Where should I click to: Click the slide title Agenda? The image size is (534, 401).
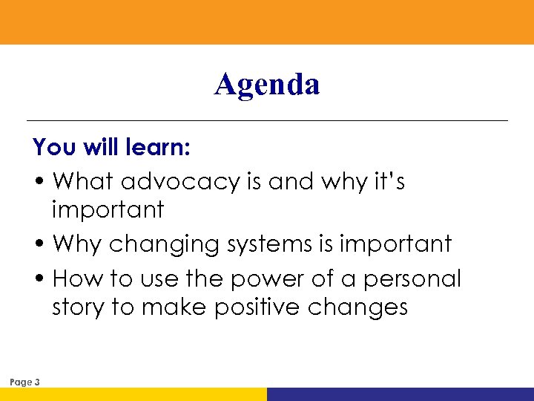pos(267,85)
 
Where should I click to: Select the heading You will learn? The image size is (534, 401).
pos(112,147)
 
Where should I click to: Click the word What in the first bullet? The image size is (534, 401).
pos(84,181)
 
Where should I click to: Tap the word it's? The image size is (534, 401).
pos(387,181)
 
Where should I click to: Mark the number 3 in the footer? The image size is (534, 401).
pos(37,382)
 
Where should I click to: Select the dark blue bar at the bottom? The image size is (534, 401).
pos(400,394)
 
